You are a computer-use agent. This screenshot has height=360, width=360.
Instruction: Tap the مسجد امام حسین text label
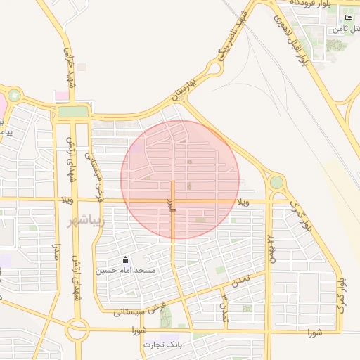[136, 270]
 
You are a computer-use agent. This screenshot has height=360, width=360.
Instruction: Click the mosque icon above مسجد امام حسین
[126, 259]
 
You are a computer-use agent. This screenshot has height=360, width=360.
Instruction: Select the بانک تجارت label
[163, 345]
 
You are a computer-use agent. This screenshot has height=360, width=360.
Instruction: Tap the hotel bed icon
[349, 18]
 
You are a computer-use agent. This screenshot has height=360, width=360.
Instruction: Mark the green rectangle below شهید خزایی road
[73, 111]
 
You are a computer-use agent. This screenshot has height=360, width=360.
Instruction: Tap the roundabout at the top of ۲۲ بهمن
[276, 182]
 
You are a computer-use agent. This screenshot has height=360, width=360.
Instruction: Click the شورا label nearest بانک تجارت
[138, 330]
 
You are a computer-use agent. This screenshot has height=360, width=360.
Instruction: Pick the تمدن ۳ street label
[224, 307]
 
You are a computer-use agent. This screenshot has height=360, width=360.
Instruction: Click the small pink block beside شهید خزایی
[63, 95]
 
